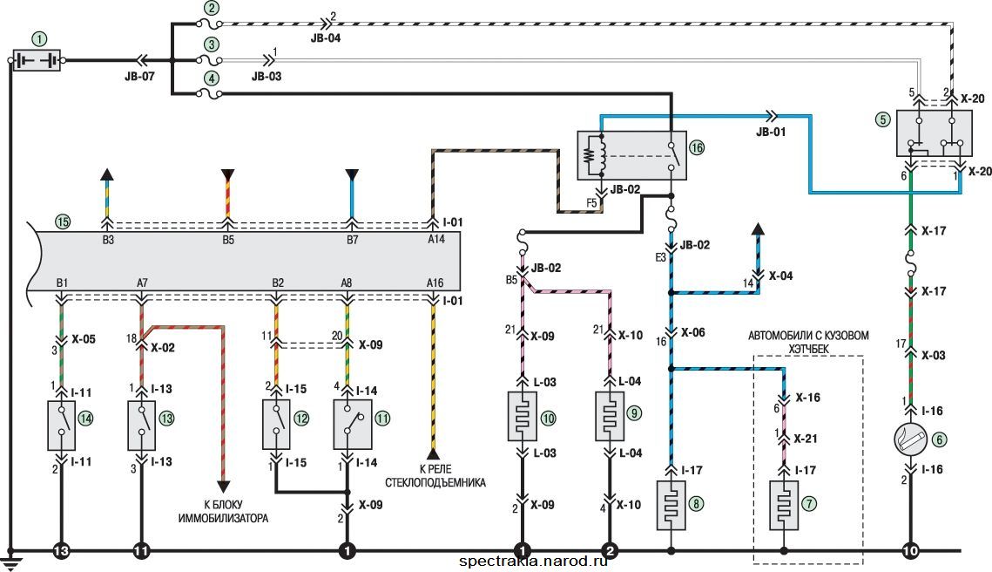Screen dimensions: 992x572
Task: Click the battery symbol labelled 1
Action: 37,60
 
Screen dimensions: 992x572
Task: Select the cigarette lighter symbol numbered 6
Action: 910,439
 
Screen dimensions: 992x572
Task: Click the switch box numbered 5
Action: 935,133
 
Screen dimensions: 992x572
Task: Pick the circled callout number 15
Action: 62,221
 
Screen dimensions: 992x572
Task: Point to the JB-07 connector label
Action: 140,76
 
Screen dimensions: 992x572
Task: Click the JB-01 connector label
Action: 771,133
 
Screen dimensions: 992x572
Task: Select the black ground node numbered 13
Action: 61,551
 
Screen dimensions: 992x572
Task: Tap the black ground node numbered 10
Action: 910,551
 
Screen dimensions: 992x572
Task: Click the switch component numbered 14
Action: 61,425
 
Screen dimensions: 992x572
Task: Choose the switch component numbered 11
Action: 353,425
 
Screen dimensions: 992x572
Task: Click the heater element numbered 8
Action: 671,505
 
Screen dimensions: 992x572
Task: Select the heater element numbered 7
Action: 784,505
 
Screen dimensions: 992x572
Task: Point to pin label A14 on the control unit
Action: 435,240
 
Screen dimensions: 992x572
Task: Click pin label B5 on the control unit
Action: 228,240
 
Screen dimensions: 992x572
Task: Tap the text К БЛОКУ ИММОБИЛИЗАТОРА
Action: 223,511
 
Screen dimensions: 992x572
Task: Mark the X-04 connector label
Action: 780,276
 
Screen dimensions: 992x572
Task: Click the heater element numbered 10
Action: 523,416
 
